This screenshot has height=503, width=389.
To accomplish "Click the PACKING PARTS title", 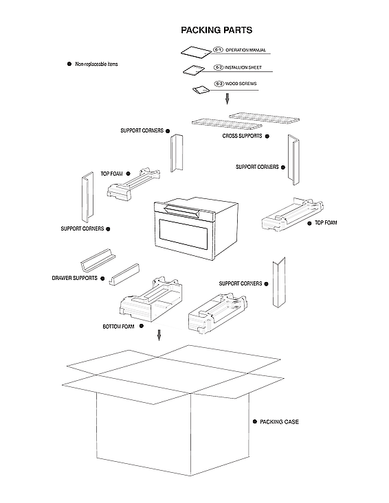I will tap(216, 30).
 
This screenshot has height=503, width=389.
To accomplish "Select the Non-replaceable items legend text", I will tap(96, 64).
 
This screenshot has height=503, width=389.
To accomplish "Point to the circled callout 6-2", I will tap(218, 67).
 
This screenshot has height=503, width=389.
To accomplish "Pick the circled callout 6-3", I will tap(219, 83).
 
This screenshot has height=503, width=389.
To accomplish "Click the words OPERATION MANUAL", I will tap(246, 51).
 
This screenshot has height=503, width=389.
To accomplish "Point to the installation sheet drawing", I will tap(193, 69).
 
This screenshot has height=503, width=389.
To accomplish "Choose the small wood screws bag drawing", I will tap(201, 90).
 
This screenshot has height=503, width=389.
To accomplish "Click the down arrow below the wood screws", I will tap(227, 100).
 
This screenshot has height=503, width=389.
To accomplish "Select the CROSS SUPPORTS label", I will tap(242, 136).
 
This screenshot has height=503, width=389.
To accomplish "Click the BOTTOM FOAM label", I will tap(118, 326).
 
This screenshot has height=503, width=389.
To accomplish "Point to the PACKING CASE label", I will tap(279, 421).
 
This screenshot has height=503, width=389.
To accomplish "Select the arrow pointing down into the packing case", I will tap(159, 335).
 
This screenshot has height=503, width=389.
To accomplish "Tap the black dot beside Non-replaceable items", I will tap(69, 64).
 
